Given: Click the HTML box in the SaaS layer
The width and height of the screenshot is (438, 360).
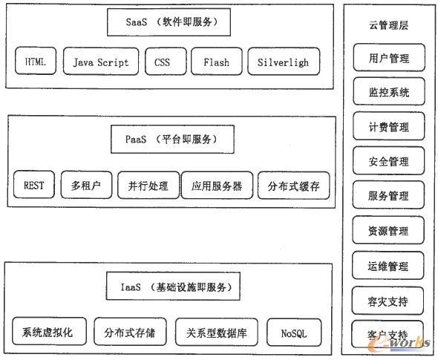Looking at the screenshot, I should click(x=35, y=62).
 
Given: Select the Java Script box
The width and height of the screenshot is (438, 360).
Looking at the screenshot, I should click(x=100, y=62).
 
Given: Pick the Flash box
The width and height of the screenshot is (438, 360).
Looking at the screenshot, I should click(x=216, y=62).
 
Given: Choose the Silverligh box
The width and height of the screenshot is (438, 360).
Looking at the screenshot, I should click(x=284, y=62).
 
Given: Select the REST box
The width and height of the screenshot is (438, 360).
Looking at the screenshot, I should click(x=33, y=185).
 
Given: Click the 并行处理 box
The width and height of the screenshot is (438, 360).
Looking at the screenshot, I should click(x=143, y=185).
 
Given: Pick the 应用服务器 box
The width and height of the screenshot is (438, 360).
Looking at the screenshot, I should click(x=217, y=185).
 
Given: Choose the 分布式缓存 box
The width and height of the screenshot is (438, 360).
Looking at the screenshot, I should click(x=293, y=185).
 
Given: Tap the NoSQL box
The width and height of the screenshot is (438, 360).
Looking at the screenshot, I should click(x=292, y=333).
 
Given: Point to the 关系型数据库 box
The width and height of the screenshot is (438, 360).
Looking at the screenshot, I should click(x=216, y=333).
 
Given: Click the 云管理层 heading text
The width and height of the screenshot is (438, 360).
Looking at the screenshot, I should click(x=388, y=25).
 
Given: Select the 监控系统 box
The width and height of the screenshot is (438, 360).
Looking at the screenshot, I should click(x=388, y=93).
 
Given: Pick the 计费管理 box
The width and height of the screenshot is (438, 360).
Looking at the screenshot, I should click(x=388, y=127).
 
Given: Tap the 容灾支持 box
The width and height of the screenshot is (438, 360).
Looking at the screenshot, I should click(x=388, y=301).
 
